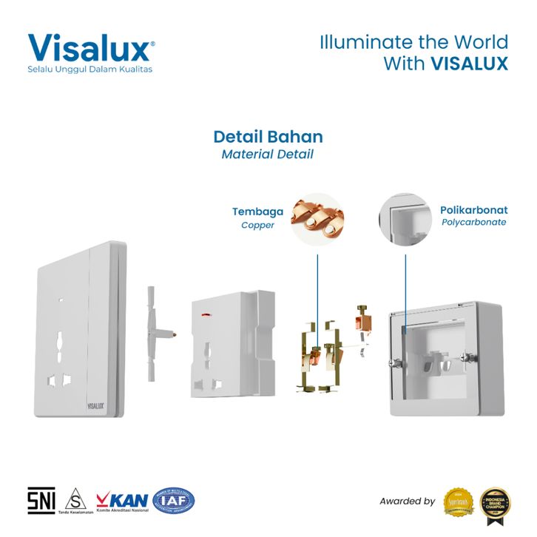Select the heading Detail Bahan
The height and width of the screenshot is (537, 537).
coord(268,137)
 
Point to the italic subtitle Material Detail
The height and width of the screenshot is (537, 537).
coord(268,155)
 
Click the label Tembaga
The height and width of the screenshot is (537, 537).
coord(253,212)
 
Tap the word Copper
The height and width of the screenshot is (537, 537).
coord(257,225)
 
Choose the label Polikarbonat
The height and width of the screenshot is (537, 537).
coord(473,209)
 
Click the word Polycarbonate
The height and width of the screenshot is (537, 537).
coord(473,222)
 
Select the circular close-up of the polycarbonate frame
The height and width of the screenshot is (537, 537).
coord(405,218)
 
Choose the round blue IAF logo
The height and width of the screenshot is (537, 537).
coord(174,501)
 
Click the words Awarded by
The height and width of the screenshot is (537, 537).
coord(408,501)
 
